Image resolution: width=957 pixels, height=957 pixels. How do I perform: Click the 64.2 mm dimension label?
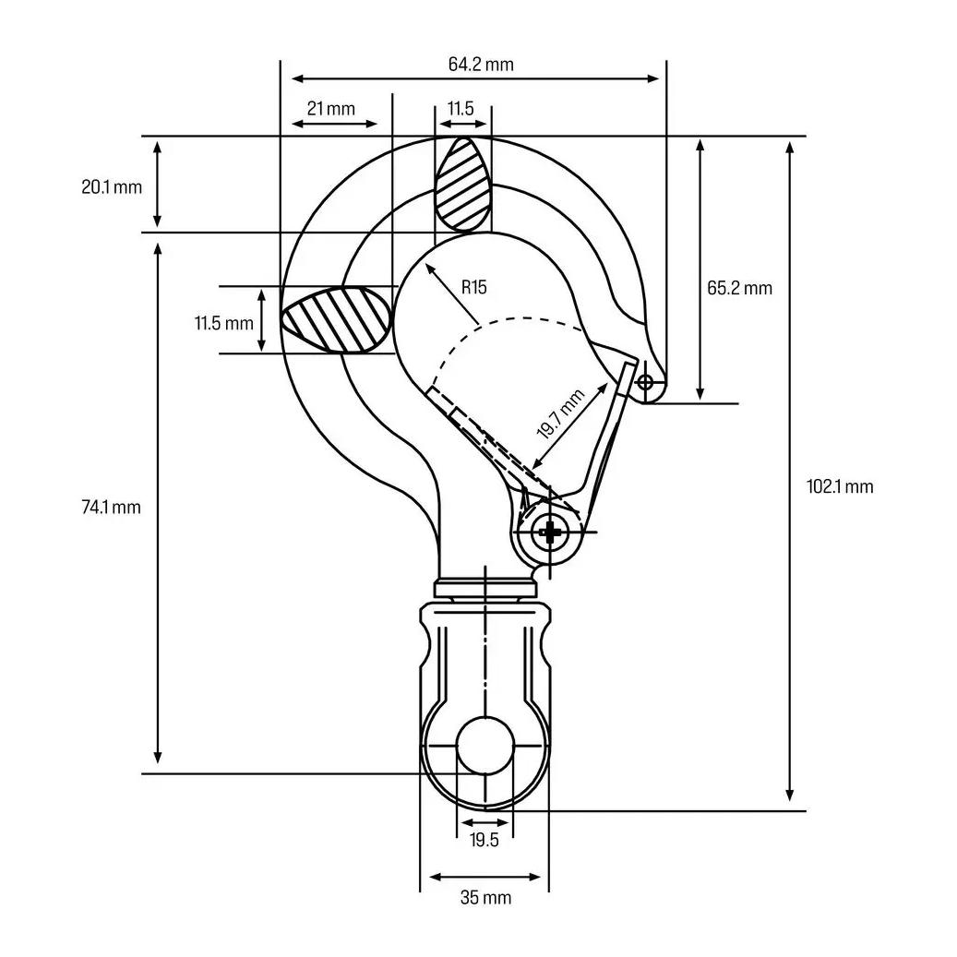481,64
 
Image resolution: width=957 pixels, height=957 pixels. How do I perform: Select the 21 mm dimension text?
330,109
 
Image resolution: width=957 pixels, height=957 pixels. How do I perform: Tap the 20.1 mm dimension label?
112,186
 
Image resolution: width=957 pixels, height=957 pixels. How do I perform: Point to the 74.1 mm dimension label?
111,508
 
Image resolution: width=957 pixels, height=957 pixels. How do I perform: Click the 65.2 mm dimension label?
740,287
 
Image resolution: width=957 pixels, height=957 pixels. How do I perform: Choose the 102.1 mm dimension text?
840,486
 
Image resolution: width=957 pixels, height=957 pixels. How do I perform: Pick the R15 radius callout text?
474,287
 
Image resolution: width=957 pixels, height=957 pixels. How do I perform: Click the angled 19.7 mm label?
560,413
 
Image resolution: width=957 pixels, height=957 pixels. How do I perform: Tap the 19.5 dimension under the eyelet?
484,841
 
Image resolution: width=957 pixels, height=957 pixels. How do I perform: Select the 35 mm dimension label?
485,898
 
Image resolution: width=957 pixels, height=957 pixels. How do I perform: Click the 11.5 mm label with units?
224,323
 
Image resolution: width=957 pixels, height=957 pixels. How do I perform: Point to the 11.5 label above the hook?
461,109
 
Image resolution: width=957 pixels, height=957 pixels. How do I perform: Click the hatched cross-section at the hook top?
463,184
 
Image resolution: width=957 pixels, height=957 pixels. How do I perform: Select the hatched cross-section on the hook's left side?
336,320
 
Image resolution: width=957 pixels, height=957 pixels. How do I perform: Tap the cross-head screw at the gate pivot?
550,532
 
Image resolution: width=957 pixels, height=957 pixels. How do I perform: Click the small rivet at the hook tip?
645,383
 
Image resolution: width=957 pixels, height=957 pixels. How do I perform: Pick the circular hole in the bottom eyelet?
485,746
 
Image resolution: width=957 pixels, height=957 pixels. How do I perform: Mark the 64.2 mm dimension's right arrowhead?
653,78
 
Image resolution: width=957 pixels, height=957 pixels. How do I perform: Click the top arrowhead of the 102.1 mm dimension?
790,148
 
